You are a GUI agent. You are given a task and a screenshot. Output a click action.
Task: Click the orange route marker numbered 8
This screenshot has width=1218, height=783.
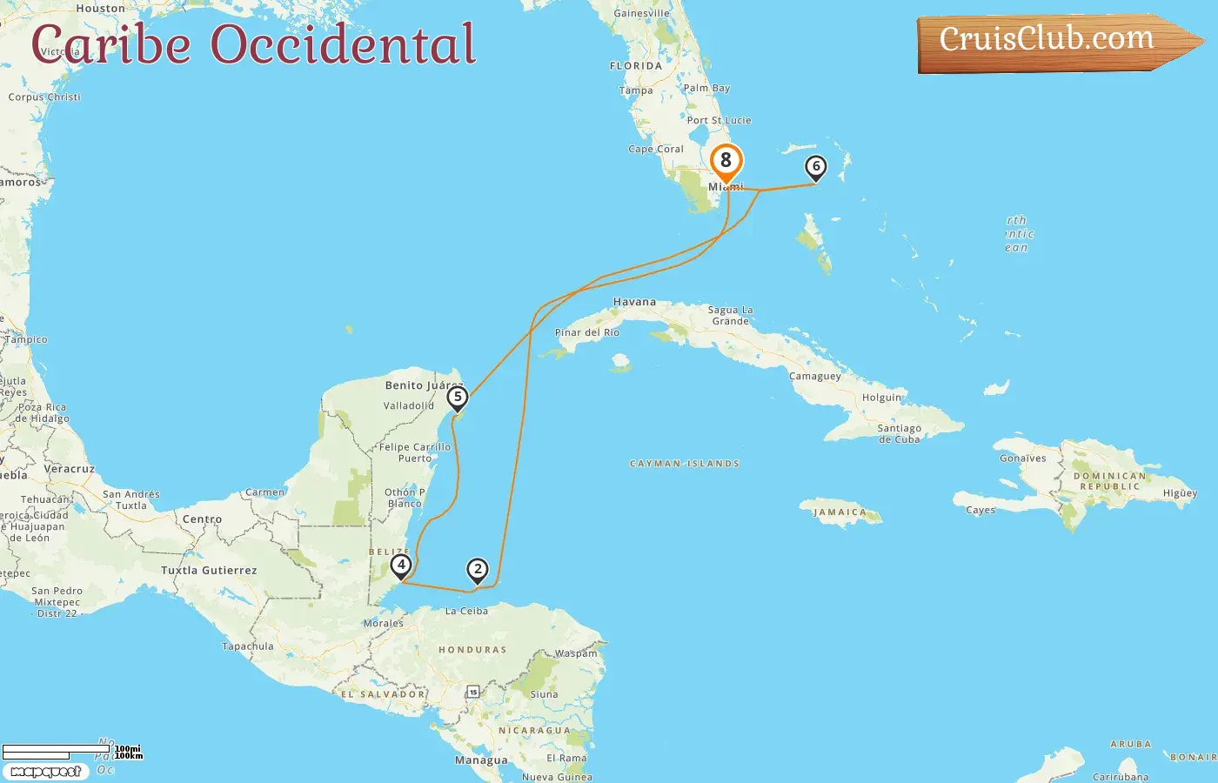(x=726, y=161)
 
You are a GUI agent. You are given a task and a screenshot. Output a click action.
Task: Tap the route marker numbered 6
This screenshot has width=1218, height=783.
(x=815, y=166)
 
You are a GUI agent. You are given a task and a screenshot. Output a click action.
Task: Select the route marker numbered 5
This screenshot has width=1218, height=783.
(x=458, y=398)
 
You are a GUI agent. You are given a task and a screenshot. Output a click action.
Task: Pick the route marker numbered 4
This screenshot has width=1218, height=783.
(x=401, y=565)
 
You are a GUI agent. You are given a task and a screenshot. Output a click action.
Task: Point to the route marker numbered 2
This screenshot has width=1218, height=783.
(x=478, y=569)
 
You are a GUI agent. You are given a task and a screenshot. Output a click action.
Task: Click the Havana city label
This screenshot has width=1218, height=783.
(x=634, y=302)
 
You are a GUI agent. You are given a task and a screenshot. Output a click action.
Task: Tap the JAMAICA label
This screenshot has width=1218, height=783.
(x=840, y=512)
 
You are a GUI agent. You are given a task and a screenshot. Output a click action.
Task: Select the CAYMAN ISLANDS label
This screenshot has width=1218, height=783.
(x=685, y=464)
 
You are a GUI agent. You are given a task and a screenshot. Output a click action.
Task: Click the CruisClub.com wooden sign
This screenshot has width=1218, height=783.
(x=1047, y=40)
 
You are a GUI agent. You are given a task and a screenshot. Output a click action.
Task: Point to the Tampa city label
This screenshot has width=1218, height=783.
(x=636, y=90)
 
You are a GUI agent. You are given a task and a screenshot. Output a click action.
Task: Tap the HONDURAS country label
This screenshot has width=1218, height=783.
(x=472, y=650)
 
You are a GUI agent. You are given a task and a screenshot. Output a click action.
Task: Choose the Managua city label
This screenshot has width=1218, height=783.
(x=481, y=760)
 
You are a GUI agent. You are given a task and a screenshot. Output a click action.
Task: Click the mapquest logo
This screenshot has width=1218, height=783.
(x=45, y=772)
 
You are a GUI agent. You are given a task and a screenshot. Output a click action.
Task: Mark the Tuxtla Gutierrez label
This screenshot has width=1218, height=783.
(x=209, y=571)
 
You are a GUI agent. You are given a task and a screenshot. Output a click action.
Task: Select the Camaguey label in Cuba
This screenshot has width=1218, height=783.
(x=815, y=377)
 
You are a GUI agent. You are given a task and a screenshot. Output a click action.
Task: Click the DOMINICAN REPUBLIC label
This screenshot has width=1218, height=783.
(x=1109, y=481)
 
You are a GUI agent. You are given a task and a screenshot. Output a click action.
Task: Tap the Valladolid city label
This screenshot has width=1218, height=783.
(x=409, y=405)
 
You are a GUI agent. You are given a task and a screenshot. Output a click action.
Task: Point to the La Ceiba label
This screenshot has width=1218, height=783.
(x=466, y=611)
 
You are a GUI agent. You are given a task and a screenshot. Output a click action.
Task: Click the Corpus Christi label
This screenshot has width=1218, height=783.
(x=44, y=97)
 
